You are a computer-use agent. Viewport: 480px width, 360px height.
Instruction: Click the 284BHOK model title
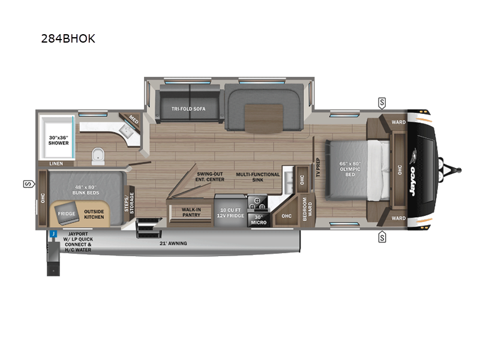pos(68,38)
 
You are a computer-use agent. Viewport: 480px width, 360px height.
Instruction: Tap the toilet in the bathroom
pos(98,157)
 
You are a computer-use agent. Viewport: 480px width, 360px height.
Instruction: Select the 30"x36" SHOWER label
pos(58,140)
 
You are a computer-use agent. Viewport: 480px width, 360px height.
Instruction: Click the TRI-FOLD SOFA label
pos(188,109)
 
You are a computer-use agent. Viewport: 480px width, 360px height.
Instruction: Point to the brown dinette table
pos(263,118)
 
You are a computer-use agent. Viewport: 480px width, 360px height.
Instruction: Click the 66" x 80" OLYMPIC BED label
pos(350,169)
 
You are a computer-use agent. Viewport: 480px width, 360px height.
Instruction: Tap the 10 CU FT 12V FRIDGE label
pos(230,213)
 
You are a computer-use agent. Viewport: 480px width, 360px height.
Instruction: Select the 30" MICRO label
pos(259,220)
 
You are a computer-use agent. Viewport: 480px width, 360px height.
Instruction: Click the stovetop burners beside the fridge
pos(257,203)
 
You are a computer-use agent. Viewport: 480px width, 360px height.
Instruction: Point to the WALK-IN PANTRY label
pos(191,212)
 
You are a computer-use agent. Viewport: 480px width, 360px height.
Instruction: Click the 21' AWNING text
pos(173,244)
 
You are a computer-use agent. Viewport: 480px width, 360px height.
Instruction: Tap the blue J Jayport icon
pos(53,234)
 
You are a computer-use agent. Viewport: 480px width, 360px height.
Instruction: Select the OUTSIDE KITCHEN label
pos(94,214)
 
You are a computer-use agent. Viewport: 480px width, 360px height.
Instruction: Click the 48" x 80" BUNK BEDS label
pos(86,190)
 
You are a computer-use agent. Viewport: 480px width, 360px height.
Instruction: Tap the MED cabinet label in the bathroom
pos(133,119)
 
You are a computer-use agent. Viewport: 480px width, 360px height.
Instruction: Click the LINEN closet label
pos(56,164)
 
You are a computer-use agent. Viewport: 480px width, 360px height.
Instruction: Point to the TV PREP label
pos(318,167)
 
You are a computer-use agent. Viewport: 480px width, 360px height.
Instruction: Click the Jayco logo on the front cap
pos(413,181)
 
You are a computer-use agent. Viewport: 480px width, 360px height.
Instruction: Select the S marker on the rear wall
pos(29,184)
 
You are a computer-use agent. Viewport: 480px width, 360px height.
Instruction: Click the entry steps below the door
pos(149,228)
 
